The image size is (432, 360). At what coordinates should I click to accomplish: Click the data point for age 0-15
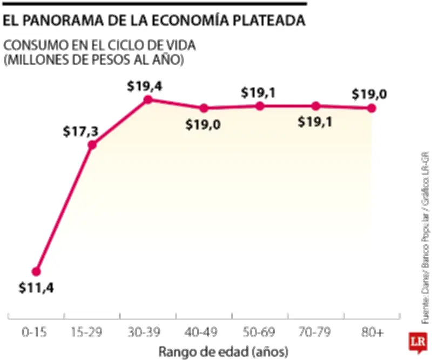click(x=36, y=271)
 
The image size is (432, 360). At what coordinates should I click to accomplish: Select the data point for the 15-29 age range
click(x=92, y=144)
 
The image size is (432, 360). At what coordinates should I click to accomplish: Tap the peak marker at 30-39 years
click(x=148, y=99)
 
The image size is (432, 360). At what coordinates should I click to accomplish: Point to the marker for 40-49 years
click(x=204, y=108)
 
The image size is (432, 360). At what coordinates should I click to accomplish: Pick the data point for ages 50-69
click(x=260, y=106)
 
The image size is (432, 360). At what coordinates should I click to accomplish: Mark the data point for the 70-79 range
click(x=316, y=106)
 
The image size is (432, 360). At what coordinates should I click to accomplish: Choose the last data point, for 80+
click(x=372, y=108)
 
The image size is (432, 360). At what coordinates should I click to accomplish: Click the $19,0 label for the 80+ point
click(x=369, y=94)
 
